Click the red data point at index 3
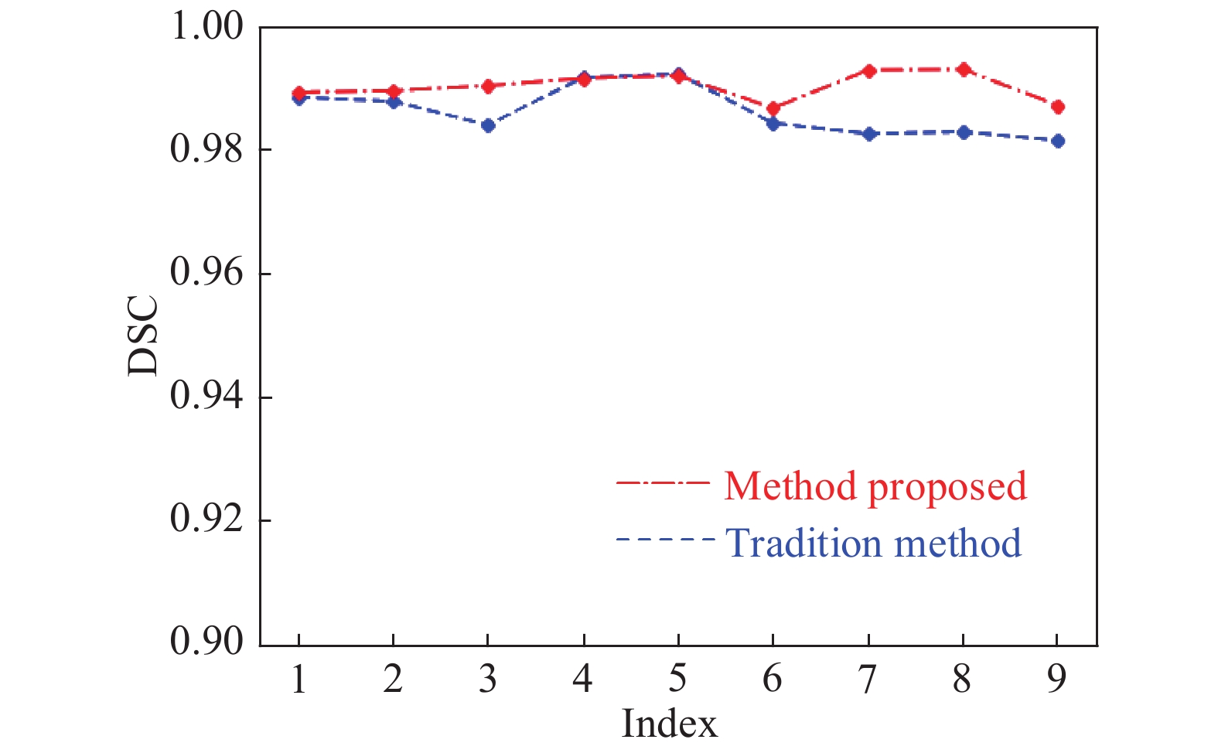coord(488,86)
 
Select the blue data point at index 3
coord(488,125)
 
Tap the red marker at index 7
coord(869,71)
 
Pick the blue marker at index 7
coord(869,134)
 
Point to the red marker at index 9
coord(1058,107)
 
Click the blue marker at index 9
coord(1058,141)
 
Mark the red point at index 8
coord(964,70)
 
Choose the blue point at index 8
coord(964,132)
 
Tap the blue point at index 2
coord(394,101)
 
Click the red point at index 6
coord(773,108)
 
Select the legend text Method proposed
coord(875,486)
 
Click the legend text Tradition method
coord(873,543)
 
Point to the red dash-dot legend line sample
coord(662,483)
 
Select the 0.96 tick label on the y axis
coord(206,274)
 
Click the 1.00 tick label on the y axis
coord(206,27)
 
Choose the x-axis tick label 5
coord(677,679)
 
